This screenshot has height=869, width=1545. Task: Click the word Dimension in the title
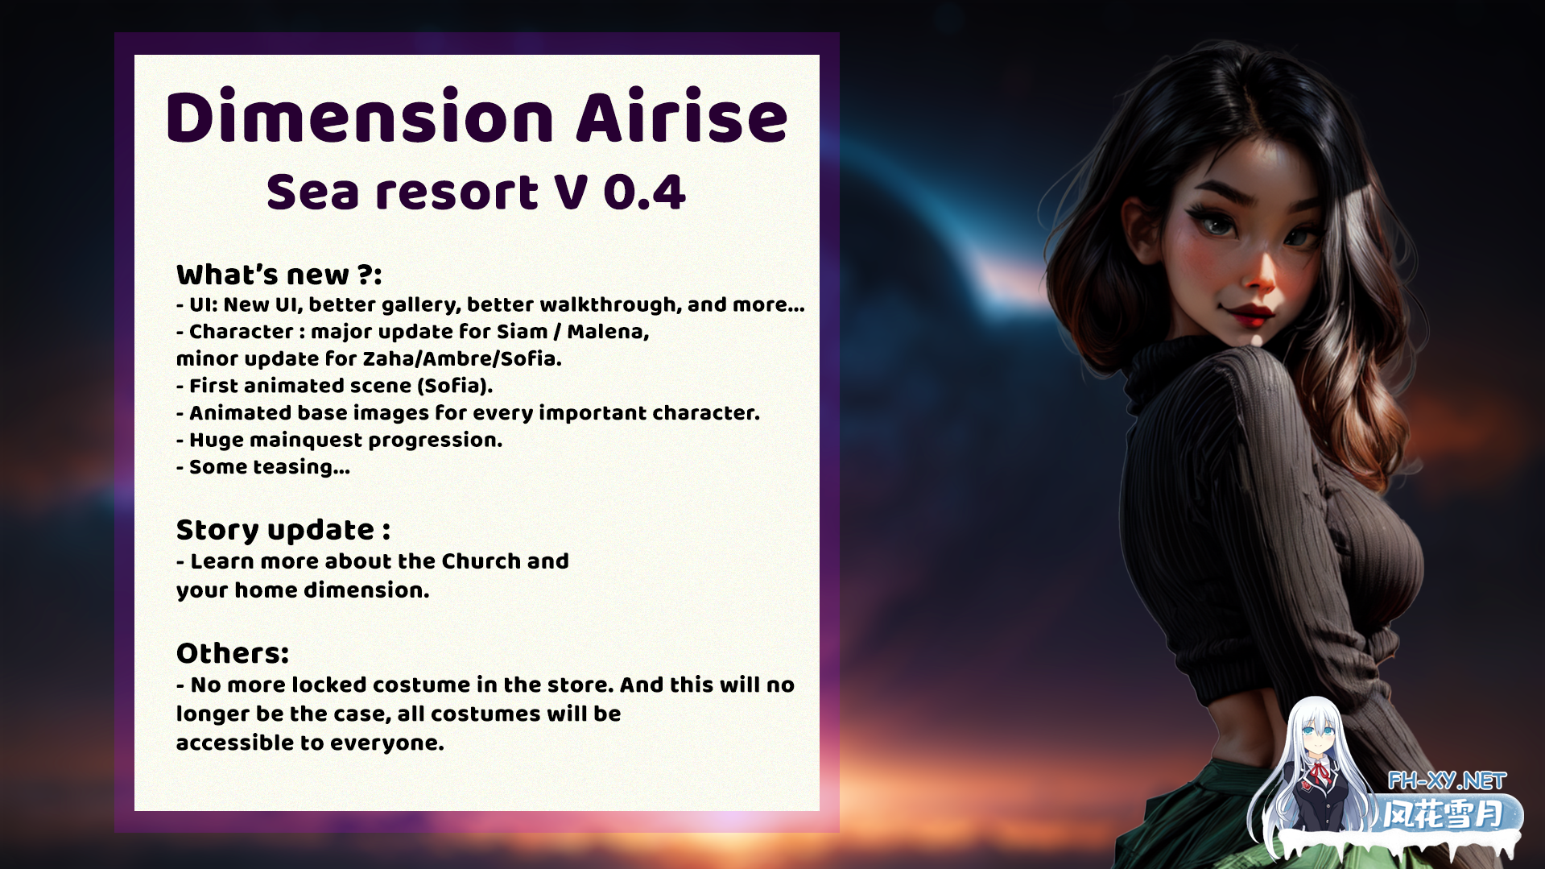[360, 118]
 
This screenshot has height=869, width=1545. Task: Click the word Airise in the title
[682, 118]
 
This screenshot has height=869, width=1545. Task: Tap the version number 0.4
[644, 192]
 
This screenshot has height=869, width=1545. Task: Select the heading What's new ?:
[279, 275]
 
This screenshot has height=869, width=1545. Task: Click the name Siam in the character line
[522, 332]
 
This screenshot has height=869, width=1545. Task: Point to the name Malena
[608, 332]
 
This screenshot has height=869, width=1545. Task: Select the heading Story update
[283, 530]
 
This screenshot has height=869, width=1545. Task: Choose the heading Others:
[233, 653]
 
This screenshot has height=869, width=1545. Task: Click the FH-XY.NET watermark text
[1447, 780]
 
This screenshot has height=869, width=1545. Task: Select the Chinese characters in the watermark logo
[1443, 815]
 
